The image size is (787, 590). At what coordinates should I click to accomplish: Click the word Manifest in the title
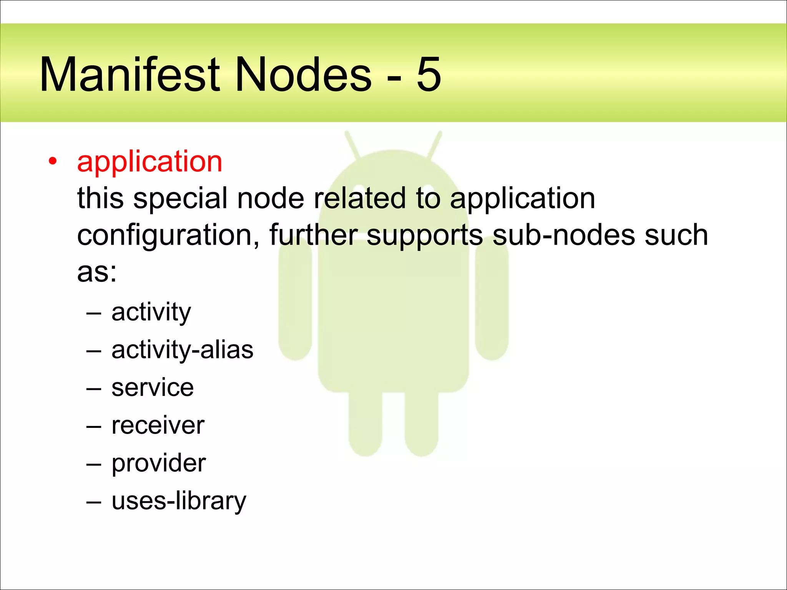click(130, 75)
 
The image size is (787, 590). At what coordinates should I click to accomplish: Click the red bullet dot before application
click(53, 161)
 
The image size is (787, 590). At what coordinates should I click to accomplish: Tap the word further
click(313, 235)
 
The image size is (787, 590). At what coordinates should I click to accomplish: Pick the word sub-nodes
click(564, 235)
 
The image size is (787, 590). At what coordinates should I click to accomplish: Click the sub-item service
click(153, 388)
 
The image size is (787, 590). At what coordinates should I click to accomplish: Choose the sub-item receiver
click(158, 426)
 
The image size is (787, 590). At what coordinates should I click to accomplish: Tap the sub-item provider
click(159, 464)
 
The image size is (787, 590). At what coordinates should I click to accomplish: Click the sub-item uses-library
click(179, 501)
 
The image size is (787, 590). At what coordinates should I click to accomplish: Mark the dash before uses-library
click(94, 502)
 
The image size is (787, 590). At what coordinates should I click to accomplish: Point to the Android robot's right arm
click(492, 300)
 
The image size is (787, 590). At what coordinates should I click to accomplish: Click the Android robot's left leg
click(365, 423)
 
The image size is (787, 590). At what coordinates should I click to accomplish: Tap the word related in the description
click(360, 198)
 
